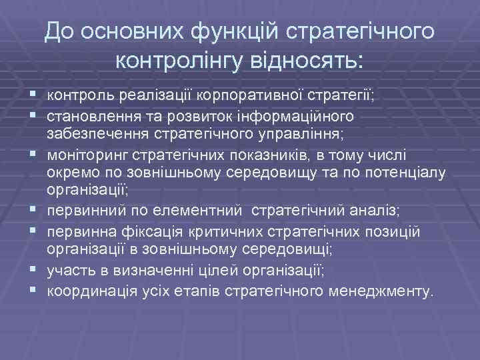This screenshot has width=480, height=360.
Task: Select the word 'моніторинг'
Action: (x=79, y=154)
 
